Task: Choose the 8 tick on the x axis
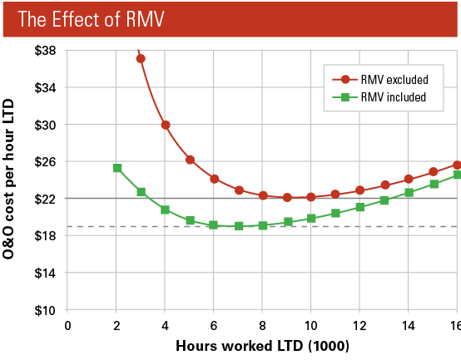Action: click(262, 324)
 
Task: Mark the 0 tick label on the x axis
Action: click(68, 324)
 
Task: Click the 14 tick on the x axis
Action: click(408, 324)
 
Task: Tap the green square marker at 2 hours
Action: click(117, 168)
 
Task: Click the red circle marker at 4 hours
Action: click(166, 125)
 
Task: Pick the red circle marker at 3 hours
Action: click(141, 58)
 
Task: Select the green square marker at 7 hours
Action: click(239, 226)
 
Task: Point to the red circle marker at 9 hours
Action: click(287, 198)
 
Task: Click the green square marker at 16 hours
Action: click(457, 175)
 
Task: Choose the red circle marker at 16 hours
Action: click(457, 165)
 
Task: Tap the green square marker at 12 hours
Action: click(359, 207)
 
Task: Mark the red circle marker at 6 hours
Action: click(214, 179)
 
